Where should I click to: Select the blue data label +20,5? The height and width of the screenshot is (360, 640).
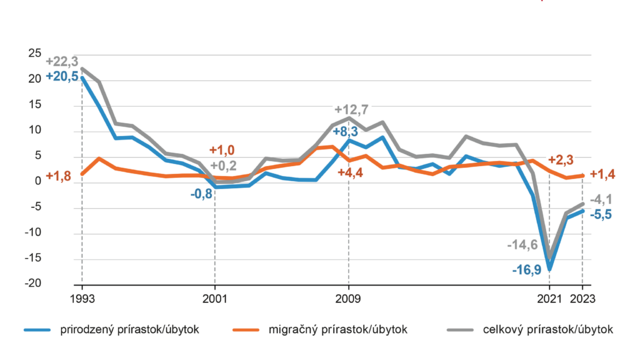point(62,77)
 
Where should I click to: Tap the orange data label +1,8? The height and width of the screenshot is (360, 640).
point(58,178)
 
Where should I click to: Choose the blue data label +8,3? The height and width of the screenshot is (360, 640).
point(347,131)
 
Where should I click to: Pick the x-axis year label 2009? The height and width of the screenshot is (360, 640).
point(348,298)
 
